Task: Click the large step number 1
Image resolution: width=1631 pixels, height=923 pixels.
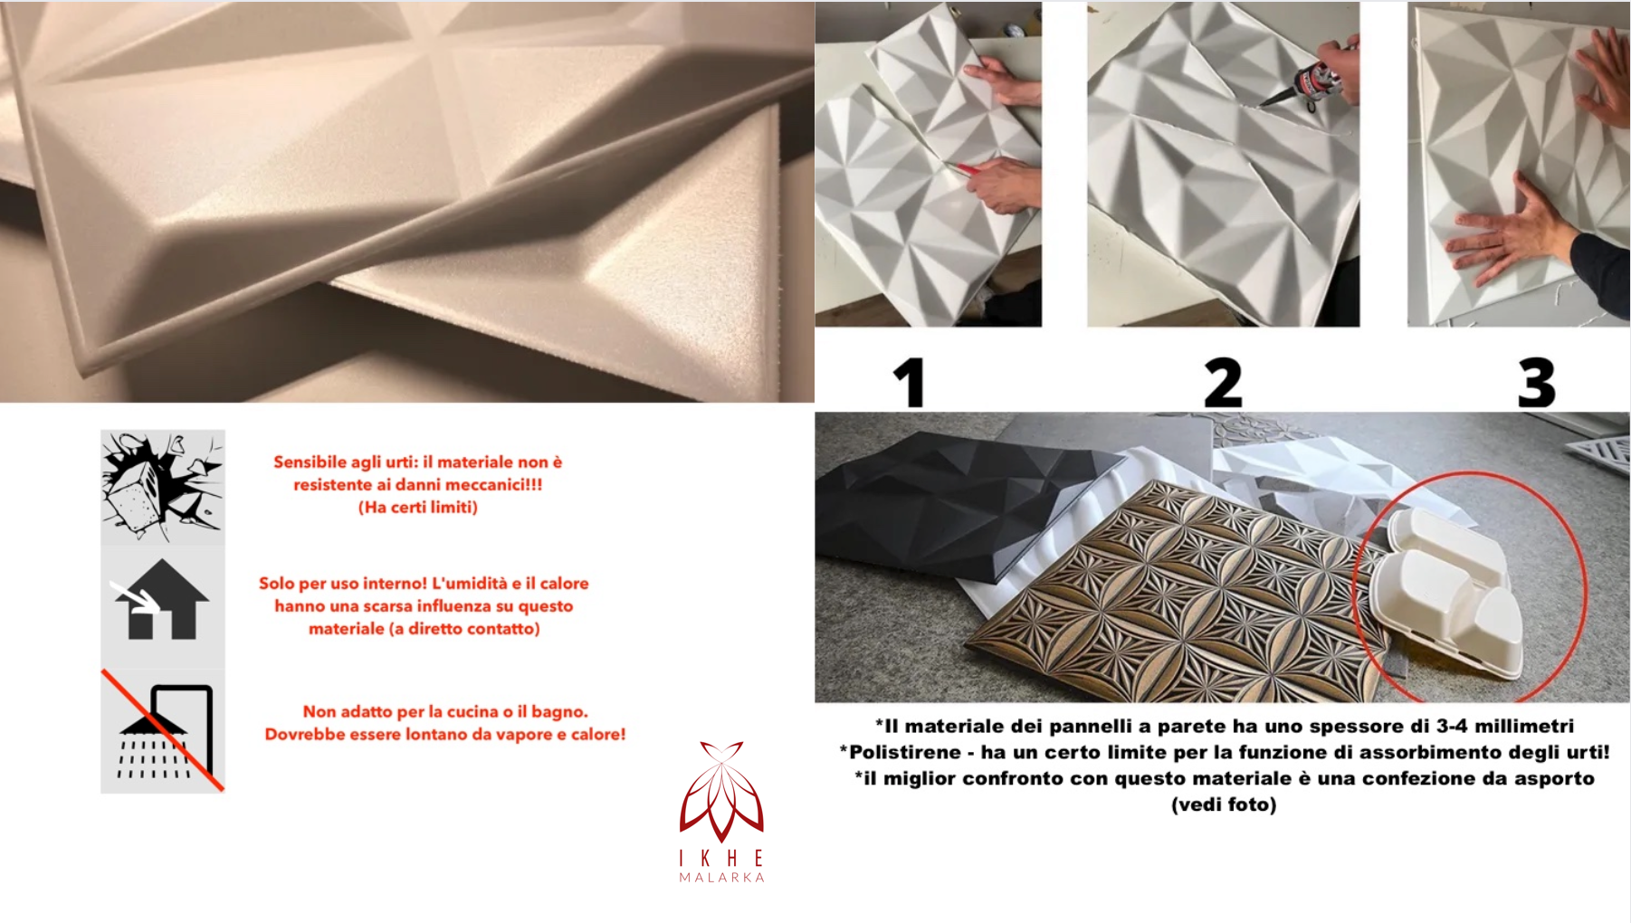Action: click(911, 382)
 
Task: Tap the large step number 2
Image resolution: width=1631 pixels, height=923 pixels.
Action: click(1223, 382)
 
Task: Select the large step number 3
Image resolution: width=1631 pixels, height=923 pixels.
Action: click(1536, 382)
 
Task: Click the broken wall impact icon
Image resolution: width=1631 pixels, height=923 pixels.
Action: click(162, 485)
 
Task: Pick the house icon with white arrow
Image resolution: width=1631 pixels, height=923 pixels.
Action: click(162, 601)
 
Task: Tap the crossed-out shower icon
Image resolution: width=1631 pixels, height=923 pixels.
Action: click(163, 731)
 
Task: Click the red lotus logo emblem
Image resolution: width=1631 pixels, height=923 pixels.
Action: click(721, 792)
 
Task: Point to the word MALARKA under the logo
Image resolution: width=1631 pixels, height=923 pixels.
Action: click(721, 878)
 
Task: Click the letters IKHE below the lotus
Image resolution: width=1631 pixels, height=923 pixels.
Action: click(721, 858)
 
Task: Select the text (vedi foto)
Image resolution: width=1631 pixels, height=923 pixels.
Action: click(1224, 804)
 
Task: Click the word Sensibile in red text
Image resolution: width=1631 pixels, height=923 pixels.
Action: click(311, 462)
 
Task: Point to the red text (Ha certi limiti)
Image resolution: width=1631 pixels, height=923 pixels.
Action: click(418, 508)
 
